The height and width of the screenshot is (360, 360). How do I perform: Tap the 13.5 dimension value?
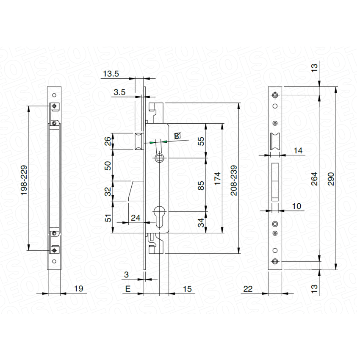111,74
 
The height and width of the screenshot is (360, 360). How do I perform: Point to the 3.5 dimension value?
119,92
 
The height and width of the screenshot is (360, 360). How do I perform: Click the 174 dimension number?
217,178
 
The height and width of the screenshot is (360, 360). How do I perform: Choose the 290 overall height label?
331,179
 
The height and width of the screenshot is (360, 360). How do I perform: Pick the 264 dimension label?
314,179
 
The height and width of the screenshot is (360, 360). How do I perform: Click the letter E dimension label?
127,289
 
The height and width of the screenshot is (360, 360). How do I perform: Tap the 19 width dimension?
78,288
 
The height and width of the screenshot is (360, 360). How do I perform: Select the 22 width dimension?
248,289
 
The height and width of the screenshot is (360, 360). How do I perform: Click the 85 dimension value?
201,186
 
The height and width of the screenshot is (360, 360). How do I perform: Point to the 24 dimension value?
136,218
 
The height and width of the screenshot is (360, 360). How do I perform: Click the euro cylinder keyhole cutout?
159,216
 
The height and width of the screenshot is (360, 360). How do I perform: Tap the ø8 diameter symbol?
177,136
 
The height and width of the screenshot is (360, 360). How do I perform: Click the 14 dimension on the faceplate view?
298,150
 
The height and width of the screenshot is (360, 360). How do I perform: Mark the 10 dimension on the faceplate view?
296,206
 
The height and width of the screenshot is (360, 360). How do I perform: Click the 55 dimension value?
201,141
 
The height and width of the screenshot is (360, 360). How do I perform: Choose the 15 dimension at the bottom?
187,289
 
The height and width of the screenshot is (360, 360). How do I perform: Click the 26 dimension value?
108,141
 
